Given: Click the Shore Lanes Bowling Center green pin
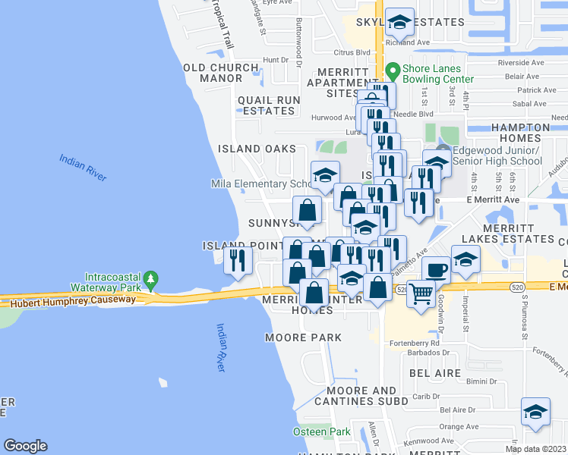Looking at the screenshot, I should [x=393, y=72].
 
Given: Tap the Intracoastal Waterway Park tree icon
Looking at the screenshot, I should [x=152, y=279].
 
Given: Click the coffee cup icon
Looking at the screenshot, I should [x=436, y=269].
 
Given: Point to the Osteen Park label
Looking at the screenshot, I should [x=322, y=431].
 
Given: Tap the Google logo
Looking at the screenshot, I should [x=25, y=446].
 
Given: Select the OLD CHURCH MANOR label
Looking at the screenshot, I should [x=221, y=73].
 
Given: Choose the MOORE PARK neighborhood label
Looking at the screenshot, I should [x=303, y=337].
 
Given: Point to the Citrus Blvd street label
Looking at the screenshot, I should [x=352, y=53].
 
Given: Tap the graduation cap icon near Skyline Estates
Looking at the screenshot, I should [x=399, y=23].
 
